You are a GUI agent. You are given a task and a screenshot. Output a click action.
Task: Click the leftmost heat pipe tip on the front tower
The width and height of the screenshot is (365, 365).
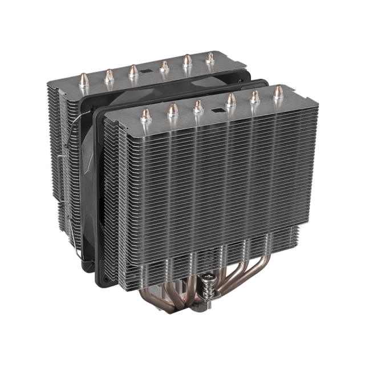click(145, 113)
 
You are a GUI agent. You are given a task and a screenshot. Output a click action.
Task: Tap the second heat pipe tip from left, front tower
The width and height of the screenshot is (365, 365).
click(172, 109)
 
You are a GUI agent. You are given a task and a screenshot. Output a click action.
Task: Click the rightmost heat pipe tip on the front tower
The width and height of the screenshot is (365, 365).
click(278, 91)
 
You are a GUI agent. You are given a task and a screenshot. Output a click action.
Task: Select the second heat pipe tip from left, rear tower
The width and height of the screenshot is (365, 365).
click(108, 74)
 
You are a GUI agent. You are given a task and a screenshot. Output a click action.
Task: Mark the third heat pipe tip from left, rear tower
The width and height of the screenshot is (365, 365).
click(132, 71)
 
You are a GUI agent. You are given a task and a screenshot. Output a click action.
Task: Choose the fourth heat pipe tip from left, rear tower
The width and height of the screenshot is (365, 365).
click(164, 66)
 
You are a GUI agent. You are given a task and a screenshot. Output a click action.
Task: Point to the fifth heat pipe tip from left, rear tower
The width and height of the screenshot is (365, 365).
click(188, 61)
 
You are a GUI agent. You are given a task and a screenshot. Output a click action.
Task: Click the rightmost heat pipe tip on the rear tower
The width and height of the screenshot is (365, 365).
click(210, 57)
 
